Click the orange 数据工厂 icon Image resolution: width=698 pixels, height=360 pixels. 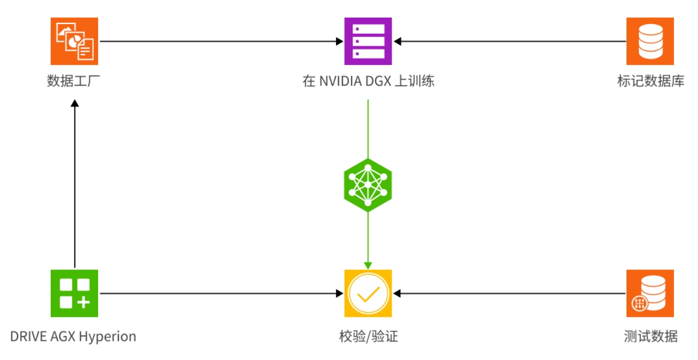tap(74, 41)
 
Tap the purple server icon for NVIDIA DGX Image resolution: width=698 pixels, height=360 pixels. tap(368, 41)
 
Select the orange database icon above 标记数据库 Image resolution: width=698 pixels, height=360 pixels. tap(650, 41)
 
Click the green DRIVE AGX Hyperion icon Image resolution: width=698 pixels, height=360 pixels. tap(74, 293)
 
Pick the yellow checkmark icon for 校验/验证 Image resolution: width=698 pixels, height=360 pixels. tap(368, 293)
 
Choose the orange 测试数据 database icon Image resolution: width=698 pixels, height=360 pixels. tap(650, 293)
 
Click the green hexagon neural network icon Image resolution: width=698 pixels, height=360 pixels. tap(368, 185)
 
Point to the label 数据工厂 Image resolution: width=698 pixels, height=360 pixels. tap(74, 82)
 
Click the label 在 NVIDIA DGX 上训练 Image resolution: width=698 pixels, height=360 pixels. tap(368, 82)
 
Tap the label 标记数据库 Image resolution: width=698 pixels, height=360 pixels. tap(650, 82)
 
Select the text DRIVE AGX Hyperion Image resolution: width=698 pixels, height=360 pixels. tap(73, 336)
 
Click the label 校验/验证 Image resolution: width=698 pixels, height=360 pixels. tap(368, 336)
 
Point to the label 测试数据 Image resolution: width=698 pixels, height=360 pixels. tap(651, 336)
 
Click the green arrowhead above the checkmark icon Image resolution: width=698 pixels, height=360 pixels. tap(368, 265)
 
